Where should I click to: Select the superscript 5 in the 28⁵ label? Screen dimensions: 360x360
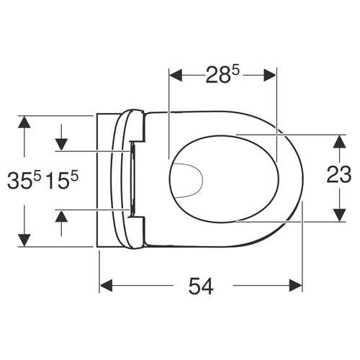[235, 68]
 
